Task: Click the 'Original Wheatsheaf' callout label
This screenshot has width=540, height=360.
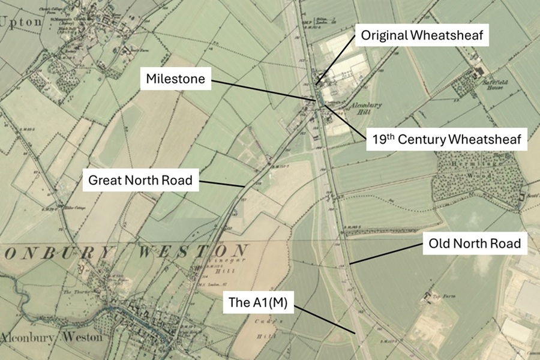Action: (422, 35)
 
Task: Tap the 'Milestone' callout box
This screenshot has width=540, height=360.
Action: (176, 79)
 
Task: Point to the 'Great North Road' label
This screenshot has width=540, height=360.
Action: (141, 180)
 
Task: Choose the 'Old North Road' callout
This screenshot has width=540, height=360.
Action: (474, 244)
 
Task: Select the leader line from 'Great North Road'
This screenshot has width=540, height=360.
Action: (222, 184)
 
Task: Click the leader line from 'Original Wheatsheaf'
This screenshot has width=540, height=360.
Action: (336, 61)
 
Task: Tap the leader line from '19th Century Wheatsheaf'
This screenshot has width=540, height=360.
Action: (346, 121)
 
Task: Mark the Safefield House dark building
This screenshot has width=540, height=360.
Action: (479, 71)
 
